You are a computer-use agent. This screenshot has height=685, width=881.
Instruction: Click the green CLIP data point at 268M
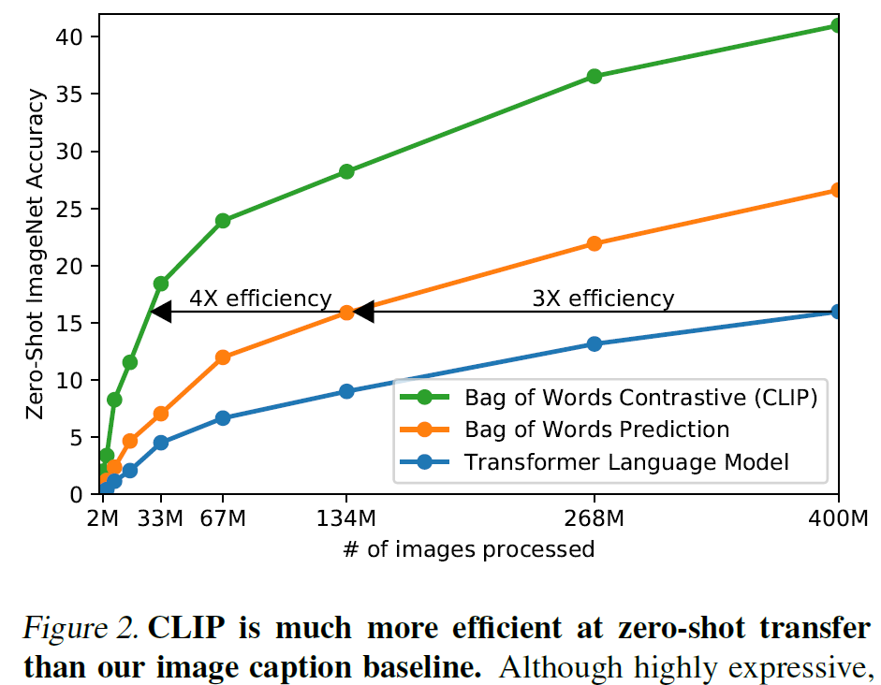[594, 76]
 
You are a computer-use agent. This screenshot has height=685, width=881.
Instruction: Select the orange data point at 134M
[346, 312]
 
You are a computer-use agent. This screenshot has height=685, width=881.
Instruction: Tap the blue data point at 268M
[594, 343]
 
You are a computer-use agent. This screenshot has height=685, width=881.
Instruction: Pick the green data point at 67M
[223, 221]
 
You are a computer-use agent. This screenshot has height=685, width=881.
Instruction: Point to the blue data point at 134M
[346, 391]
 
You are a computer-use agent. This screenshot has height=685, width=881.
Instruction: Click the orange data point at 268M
[594, 243]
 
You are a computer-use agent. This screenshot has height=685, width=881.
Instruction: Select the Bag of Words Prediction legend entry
[596, 430]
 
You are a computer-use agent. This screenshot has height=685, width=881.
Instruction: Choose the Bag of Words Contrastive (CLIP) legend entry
[641, 397]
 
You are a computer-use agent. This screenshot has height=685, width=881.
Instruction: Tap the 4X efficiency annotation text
[260, 299]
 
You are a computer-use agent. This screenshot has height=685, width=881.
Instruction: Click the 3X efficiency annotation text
[603, 299]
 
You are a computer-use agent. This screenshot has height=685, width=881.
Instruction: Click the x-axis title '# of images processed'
[468, 549]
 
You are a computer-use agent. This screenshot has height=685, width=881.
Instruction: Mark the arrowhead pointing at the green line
[160, 312]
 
